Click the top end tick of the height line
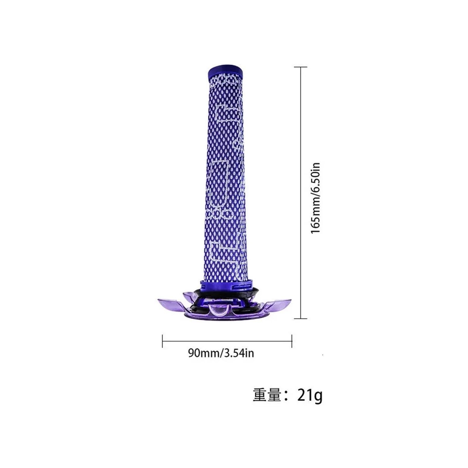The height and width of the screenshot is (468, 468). (300, 67)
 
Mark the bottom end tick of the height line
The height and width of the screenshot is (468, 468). (300, 318)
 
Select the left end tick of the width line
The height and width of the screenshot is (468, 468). (162, 341)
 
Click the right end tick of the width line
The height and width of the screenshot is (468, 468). (292, 341)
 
